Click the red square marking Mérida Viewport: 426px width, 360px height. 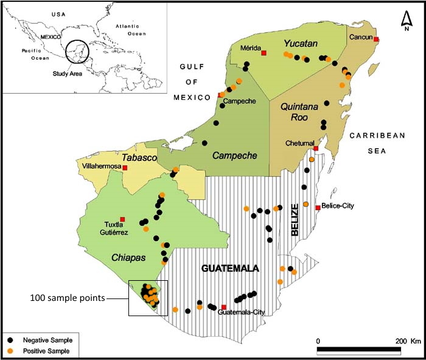[264, 53]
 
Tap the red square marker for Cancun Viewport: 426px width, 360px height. [376, 39]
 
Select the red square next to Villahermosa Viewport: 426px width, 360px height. [125, 168]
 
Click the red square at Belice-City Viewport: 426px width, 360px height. [318, 208]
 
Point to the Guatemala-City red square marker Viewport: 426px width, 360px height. [224, 307]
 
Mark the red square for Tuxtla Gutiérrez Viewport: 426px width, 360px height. [123, 219]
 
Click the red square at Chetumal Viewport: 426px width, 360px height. [316, 149]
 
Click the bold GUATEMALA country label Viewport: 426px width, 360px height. [230, 268]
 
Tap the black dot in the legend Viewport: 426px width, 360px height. [11, 340]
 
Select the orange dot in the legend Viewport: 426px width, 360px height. [11, 351]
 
